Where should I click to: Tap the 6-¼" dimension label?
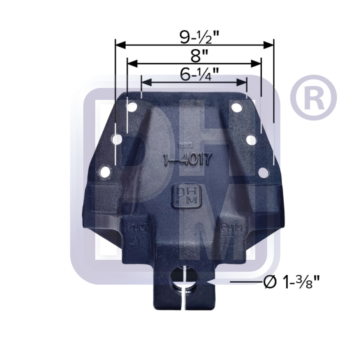pos(195,75)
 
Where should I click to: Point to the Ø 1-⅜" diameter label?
pos(292,283)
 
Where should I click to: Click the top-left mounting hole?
pos(132,107)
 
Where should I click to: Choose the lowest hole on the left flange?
pos(105,172)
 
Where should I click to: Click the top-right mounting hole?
pos(236,107)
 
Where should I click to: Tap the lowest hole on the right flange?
pos(264,172)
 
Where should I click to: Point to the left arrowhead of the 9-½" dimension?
pos(120,45)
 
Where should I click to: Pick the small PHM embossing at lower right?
pos(233,228)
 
